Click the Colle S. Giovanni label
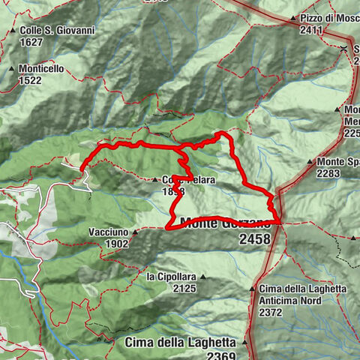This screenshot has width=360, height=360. (46, 30)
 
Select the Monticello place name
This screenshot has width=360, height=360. (43, 68)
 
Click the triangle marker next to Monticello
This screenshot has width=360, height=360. (12, 69)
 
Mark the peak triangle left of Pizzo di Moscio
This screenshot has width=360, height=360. (293, 17)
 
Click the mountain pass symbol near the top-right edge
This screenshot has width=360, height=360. (343, 49)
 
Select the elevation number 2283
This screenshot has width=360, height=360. (329, 173)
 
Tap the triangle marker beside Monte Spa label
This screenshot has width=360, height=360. (309, 162)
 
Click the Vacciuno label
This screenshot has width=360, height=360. (108, 232)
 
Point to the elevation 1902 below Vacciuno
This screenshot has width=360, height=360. (117, 244)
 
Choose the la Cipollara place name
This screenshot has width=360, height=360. (172, 277)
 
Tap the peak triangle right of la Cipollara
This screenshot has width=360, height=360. (202, 277)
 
